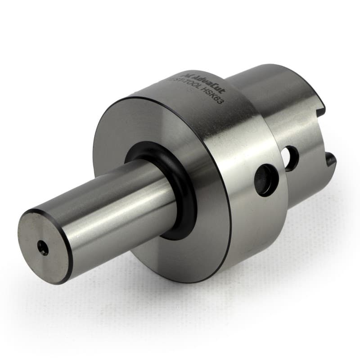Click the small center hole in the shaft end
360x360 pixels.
43,247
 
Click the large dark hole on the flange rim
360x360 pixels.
266,180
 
